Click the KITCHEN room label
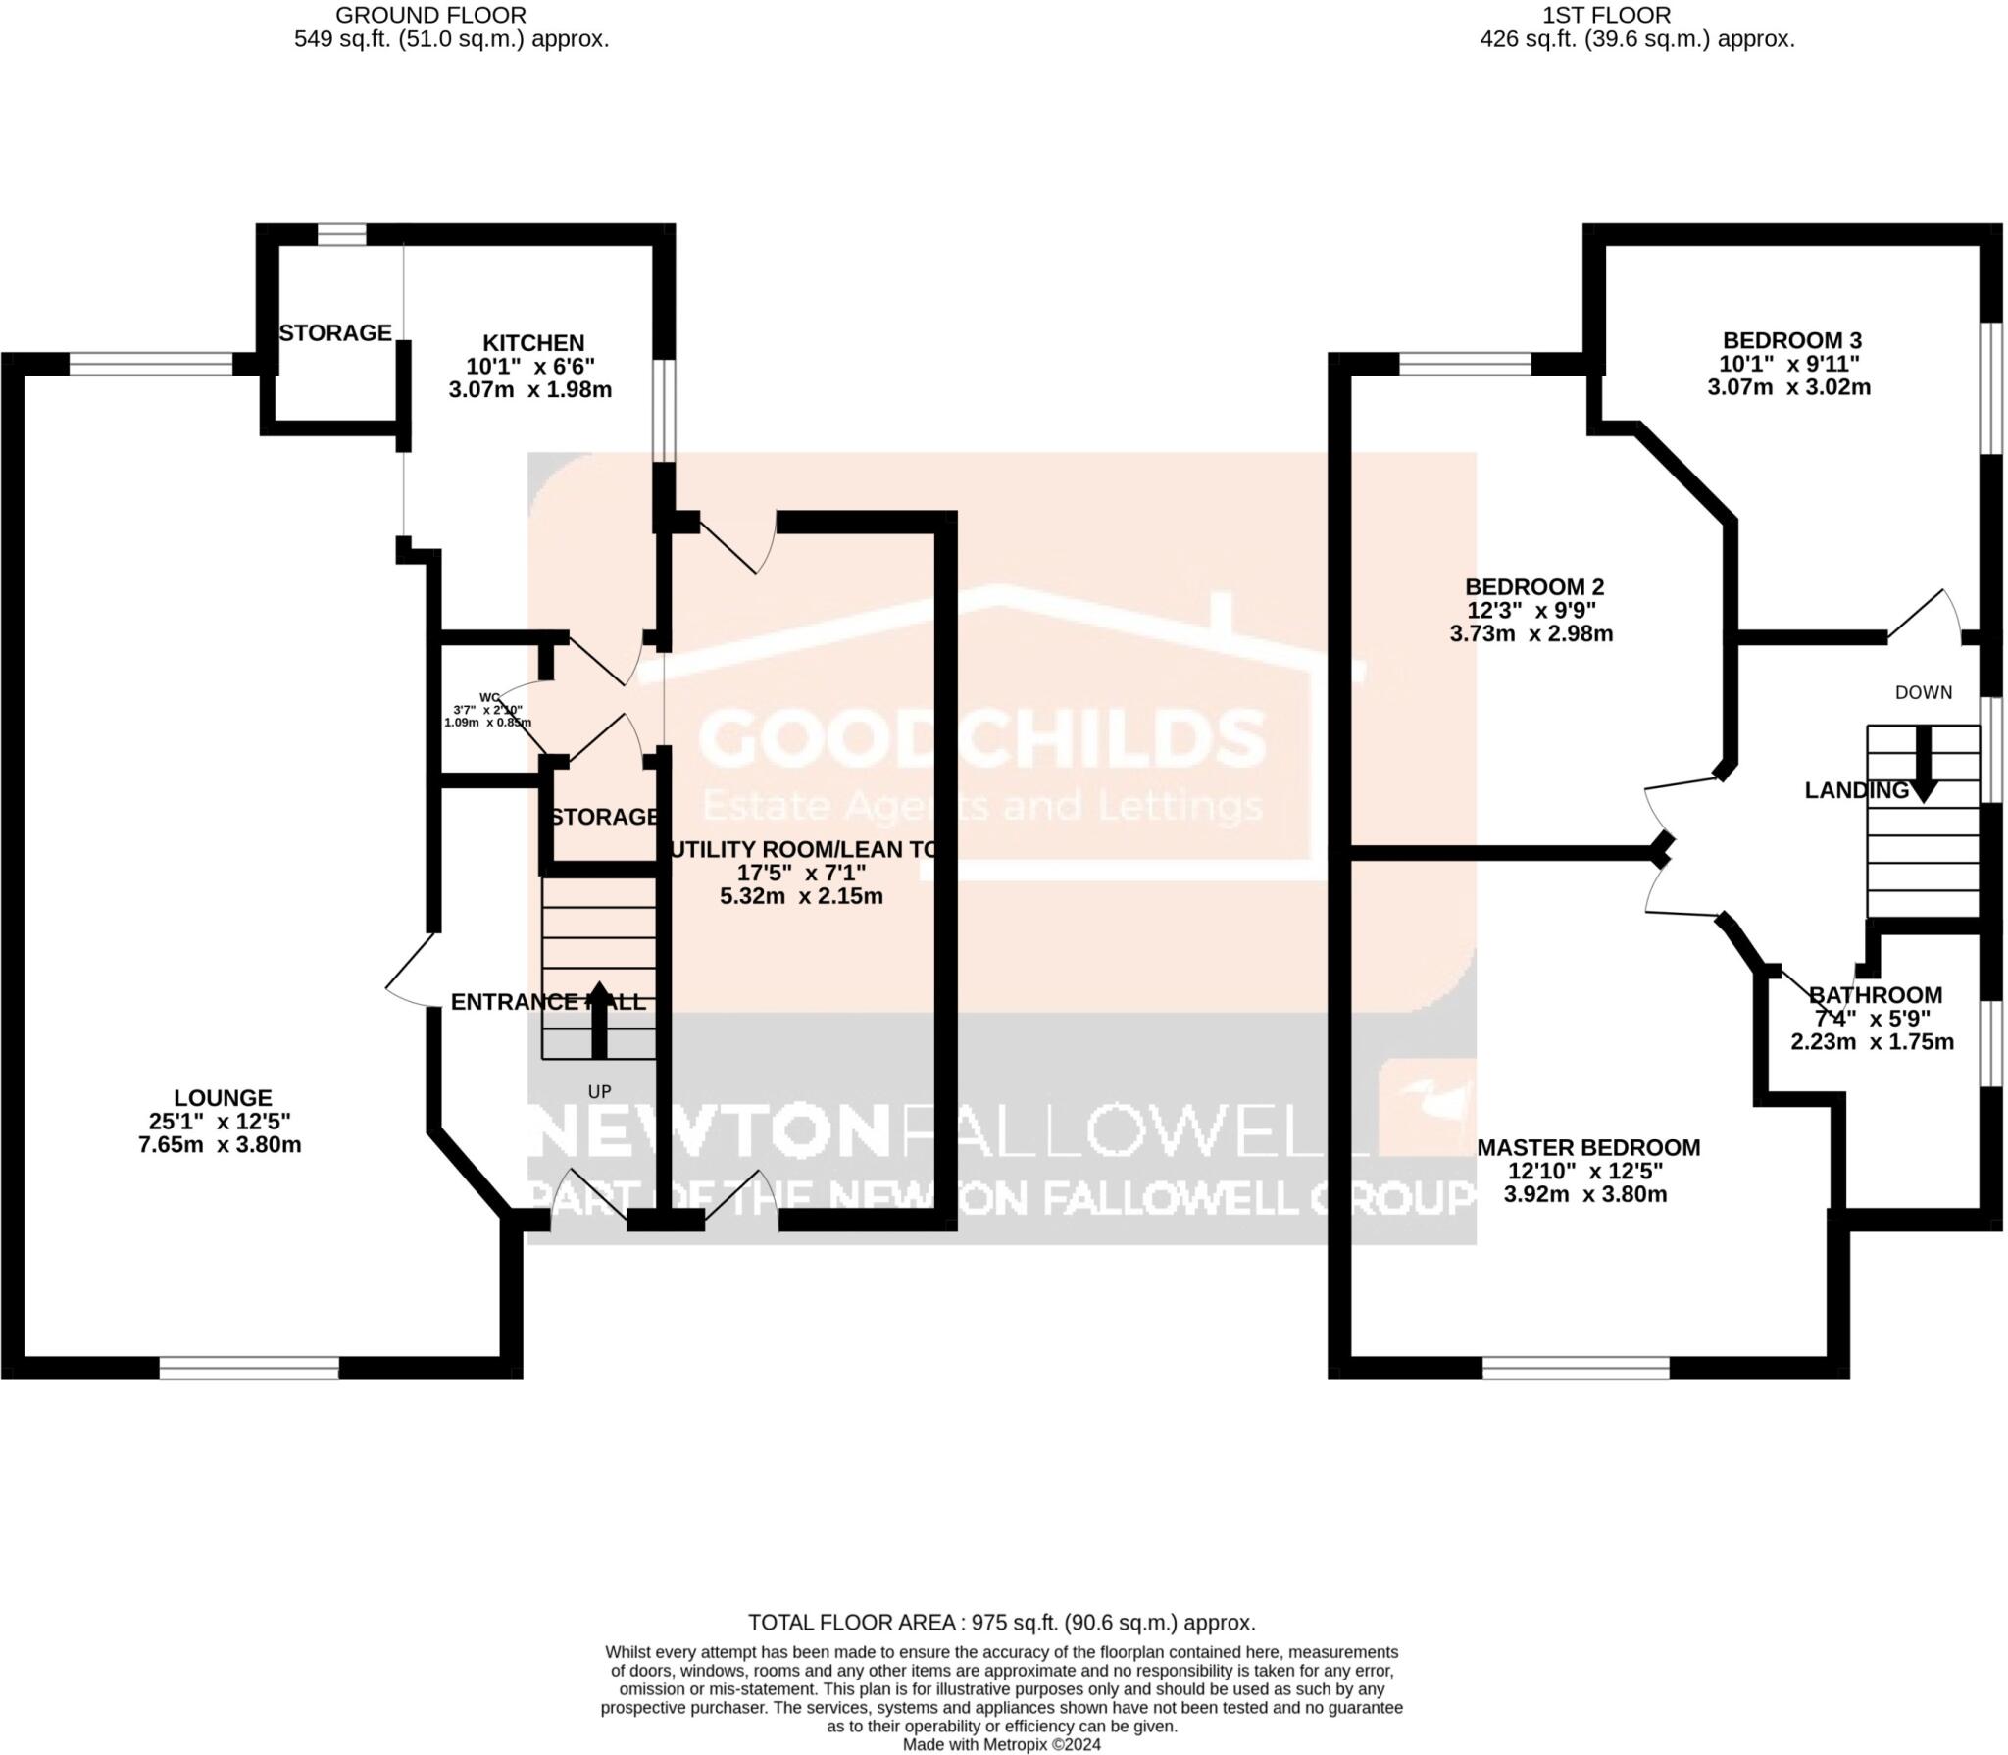(x=532, y=343)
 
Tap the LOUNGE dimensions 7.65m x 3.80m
(x=220, y=1144)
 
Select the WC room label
(x=489, y=697)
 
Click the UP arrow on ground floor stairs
(x=598, y=1020)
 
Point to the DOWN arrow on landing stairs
(x=1923, y=765)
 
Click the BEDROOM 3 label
(x=1791, y=340)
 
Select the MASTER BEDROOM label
(x=1588, y=1147)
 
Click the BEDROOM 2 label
(x=1533, y=586)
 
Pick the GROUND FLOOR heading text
(x=430, y=16)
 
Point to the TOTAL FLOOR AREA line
(x=1001, y=1622)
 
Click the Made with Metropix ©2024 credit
(x=1001, y=1744)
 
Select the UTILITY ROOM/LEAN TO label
(x=801, y=849)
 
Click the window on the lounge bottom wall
(x=249, y=1368)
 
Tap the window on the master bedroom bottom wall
(x=1576, y=1368)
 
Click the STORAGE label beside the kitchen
(x=335, y=333)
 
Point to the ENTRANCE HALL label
(x=547, y=1001)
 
